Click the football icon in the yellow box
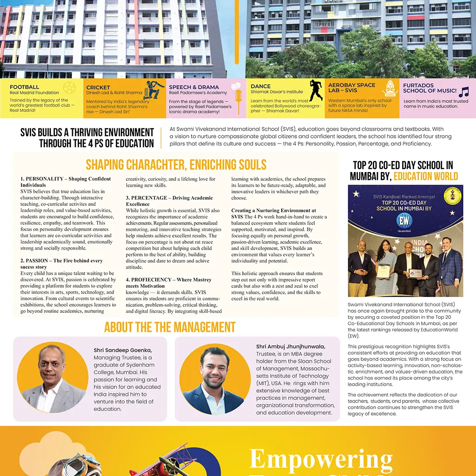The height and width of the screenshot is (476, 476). tap(69, 88)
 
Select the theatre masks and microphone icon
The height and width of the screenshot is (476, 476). tap(237, 93)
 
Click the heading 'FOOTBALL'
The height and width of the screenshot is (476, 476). tap(24, 87)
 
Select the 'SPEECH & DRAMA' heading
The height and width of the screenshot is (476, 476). tap(194, 87)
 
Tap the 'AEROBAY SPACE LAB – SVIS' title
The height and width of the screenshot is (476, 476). tap(351, 88)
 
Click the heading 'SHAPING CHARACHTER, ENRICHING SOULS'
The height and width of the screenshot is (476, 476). tap(176, 165)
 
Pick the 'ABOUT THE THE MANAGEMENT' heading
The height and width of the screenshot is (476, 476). tap(170, 327)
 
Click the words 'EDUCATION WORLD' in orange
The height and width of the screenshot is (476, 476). tap(426, 176)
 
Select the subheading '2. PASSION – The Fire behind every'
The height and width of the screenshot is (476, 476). tap(61, 261)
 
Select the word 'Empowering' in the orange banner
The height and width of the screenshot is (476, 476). tap(321, 459)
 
